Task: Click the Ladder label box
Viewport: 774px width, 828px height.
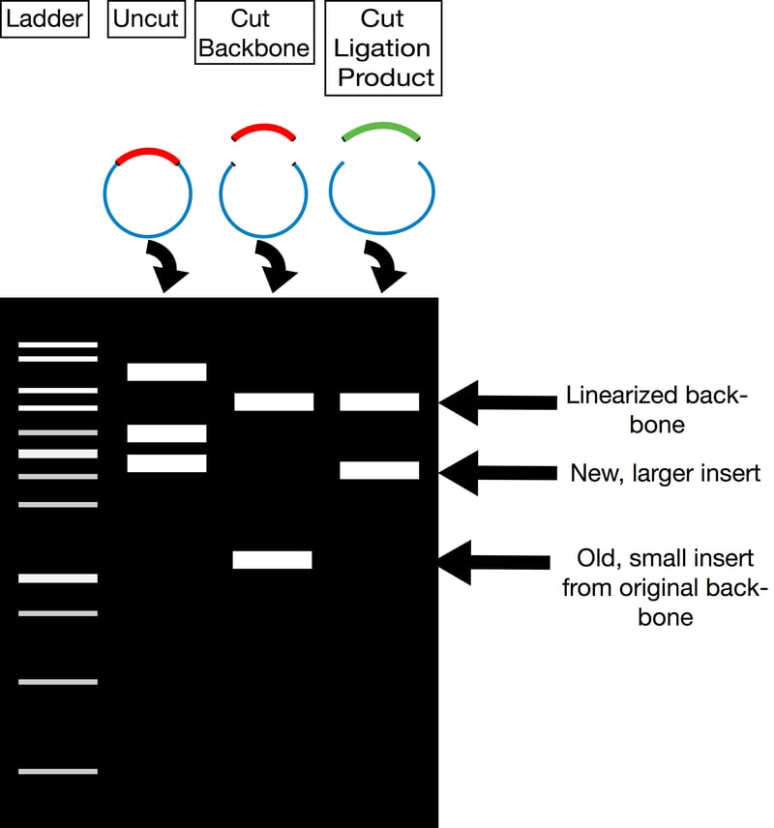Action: pyautogui.click(x=45, y=19)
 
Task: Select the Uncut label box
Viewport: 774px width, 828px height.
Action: pyautogui.click(x=146, y=19)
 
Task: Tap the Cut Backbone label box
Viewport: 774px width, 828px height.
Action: pyautogui.click(x=255, y=32)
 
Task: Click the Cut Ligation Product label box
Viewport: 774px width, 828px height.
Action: pyautogui.click(x=383, y=47)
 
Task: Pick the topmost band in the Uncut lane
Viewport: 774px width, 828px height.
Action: pyautogui.click(x=166, y=371)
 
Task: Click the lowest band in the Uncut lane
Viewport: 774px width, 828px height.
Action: pyautogui.click(x=166, y=463)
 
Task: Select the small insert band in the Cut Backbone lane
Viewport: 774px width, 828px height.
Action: pyautogui.click(x=272, y=559)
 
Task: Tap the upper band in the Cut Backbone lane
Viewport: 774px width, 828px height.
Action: pyautogui.click(x=274, y=401)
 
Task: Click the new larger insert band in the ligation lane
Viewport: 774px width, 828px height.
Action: pyautogui.click(x=379, y=471)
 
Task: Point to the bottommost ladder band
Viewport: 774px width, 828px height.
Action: pyautogui.click(x=58, y=771)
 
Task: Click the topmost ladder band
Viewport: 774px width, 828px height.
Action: pyautogui.click(x=58, y=344)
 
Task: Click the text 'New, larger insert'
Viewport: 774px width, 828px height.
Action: pyautogui.click(x=664, y=473)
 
